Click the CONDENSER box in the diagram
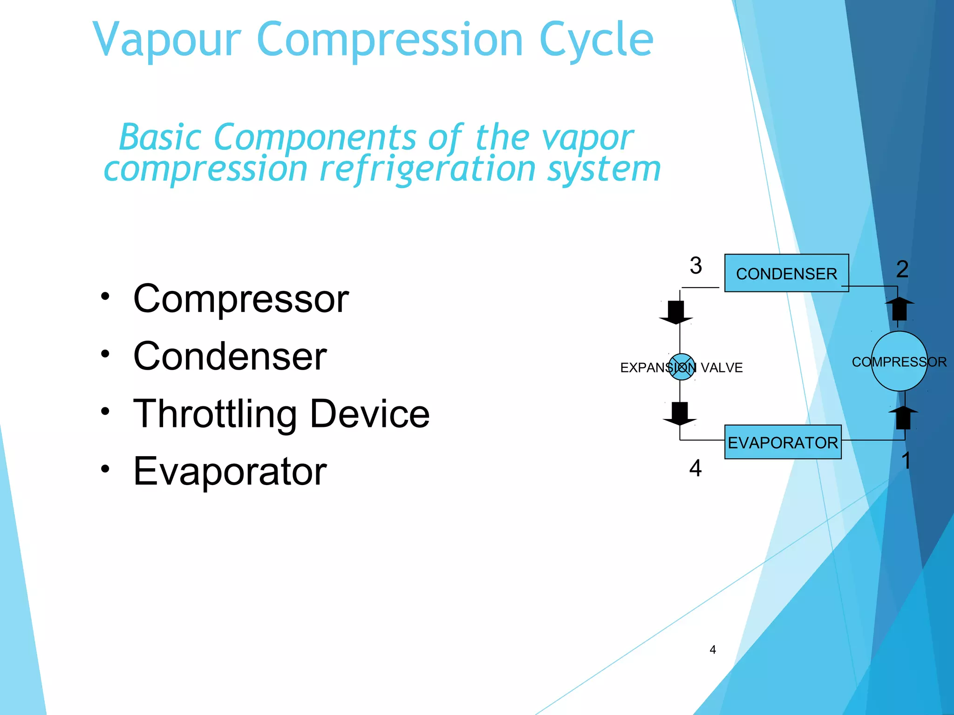[x=786, y=273]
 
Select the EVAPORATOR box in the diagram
[x=783, y=442]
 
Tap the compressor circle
[x=899, y=362]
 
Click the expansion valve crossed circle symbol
[x=681, y=367]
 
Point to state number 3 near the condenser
[x=695, y=266]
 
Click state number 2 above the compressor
[x=902, y=269]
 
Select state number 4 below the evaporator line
[x=695, y=468]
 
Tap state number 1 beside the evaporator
[x=906, y=461]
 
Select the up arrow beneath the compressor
[x=903, y=417]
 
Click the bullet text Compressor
[x=241, y=299]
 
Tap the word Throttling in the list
[x=215, y=414]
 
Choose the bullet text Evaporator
[x=230, y=471]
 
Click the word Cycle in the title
[x=596, y=40]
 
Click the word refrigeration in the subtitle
[x=427, y=169]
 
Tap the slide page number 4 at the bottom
[x=712, y=650]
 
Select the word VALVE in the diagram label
[x=722, y=368]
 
